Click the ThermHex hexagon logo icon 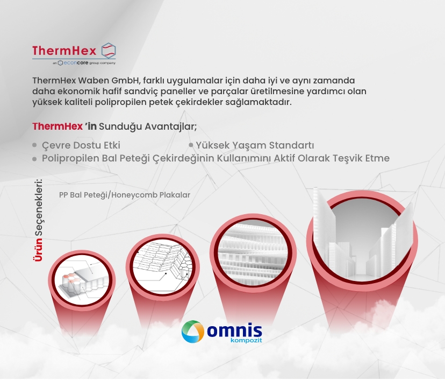[109, 51]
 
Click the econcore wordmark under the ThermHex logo [73, 63]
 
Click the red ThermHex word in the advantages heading [58, 126]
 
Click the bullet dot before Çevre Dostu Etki [34, 145]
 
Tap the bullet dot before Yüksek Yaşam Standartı [191, 145]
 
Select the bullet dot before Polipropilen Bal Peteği [34, 159]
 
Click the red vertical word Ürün [38, 250]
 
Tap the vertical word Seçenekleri [38, 207]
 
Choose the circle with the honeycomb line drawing [163, 267]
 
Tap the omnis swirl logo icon [193, 332]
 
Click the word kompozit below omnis [246, 340]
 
